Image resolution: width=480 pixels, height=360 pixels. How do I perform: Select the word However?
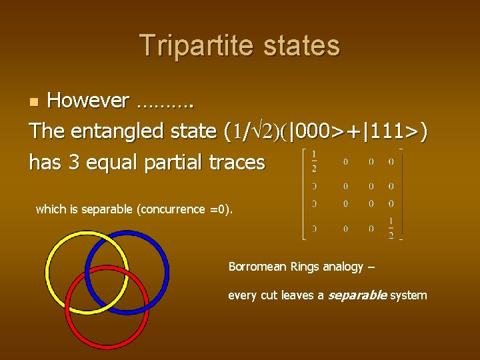point(88,101)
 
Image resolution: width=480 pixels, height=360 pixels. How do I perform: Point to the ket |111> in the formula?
point(389,131)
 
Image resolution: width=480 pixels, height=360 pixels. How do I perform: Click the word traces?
point(237,162)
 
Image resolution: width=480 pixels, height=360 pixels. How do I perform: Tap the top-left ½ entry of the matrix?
point(314,161)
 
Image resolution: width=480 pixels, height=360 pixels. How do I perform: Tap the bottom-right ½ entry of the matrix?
point(391,229)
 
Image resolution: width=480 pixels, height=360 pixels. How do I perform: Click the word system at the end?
point(409,295)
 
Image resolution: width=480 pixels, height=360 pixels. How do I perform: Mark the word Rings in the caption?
point(305,267)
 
